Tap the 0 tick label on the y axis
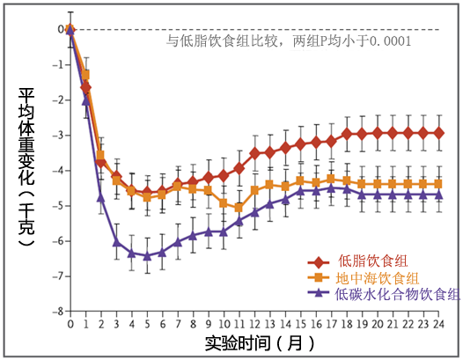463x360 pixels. coord(59,29)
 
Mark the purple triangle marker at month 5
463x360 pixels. coord(147,255)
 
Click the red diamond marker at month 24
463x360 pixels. coord(439,133)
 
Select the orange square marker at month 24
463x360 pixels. coord(439,183)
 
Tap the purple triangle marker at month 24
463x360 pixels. coord(439,195)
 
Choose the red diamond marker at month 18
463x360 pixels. coord(347,134)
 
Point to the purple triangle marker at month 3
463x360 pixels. coord(116,242)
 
